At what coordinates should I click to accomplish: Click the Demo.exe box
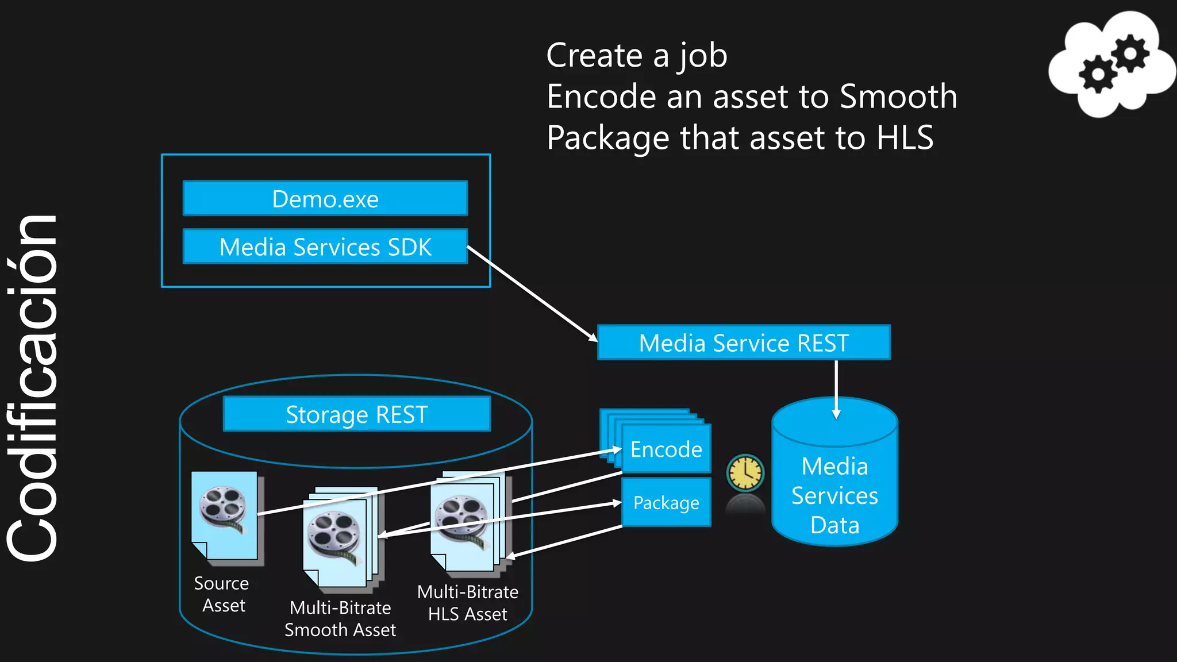(x=325, y=199)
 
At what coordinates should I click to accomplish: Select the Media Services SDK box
(x=325, y=247)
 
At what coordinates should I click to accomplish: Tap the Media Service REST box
(x=744, y=343)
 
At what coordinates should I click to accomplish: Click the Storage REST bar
(x=356, y=414)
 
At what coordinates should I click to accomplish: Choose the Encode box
(x=666, y=449)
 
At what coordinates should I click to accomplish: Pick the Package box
(x=666, y=503)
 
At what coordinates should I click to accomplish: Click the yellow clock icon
(x=745, y=473)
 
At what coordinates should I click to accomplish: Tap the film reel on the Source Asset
(x=223, y=508)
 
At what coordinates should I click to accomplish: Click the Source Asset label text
(x=222, y=594)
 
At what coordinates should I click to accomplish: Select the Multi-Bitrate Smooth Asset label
(x=340, y=619)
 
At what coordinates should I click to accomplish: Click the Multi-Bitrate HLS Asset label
(x=468, y=603)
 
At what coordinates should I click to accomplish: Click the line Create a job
(x=636, y=56)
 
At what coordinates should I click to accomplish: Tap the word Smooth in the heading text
(x=898, y=97)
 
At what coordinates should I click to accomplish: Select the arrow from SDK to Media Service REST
(x=532, y=294)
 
